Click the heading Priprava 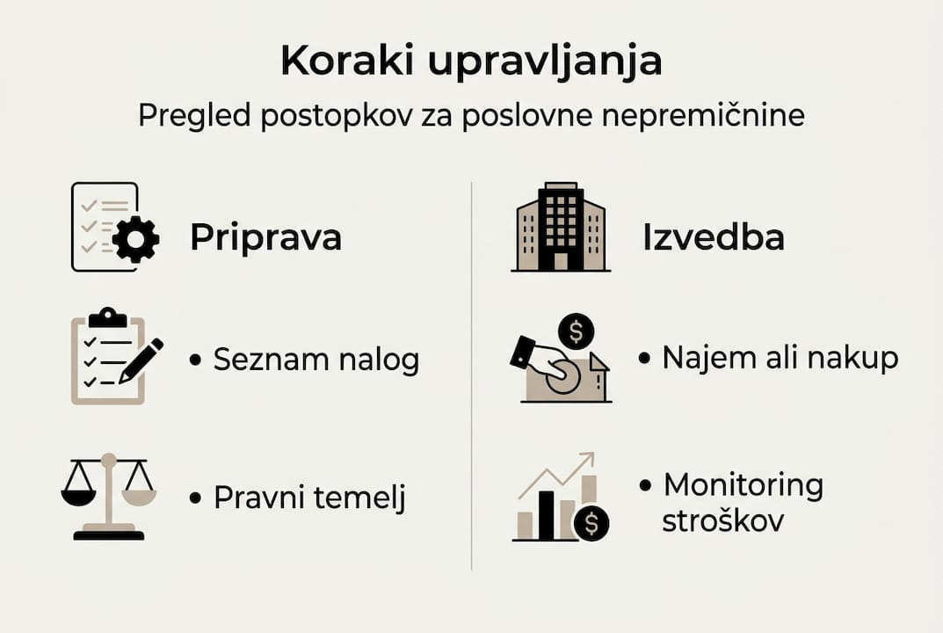pos(265,237)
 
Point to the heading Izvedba pos(713,237)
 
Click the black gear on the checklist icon pos(135,238)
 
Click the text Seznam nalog pos(316,360)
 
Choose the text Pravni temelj pos(310,498)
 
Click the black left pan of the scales pos(78,497)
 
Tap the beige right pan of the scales pos(138,497)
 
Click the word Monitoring pos(743,484)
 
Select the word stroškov pos(722,520)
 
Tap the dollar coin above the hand pos(577,331)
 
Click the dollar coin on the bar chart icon pos(591,524)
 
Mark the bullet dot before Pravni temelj pos(195,498)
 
